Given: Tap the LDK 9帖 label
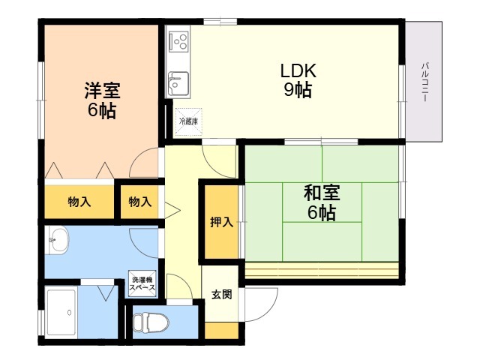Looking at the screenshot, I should (298, 81).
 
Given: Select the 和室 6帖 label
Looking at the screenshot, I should (322, 202).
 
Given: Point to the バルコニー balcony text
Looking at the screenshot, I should (425, 83).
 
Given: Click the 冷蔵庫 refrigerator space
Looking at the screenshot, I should (188, 121).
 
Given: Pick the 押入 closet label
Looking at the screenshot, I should (220, 223).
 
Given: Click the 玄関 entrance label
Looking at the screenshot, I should (221, 294).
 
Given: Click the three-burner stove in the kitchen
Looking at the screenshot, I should (178, 40).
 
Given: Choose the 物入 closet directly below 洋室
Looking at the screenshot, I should (79, 202).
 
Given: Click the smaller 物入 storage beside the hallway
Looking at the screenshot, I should (140, 202).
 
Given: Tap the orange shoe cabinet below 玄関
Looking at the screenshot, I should (221, 330).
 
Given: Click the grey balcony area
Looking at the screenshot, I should (424, 112).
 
